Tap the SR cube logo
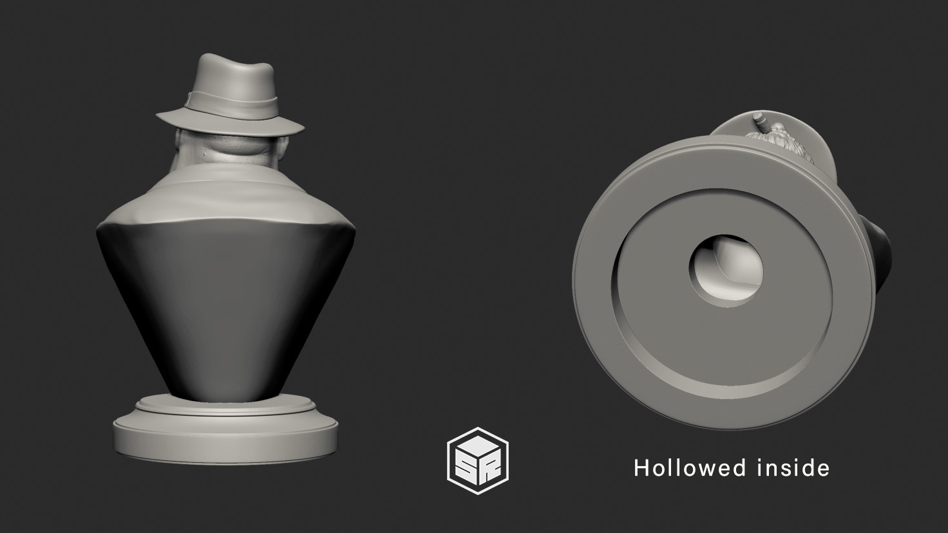[x=478, y=456]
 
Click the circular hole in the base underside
[x=726, y=266]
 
